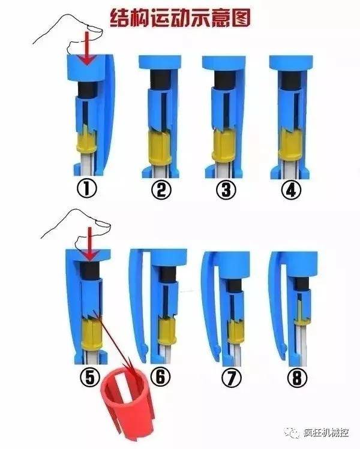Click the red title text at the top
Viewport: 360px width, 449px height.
[x=181, y=18]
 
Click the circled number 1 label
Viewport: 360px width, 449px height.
[x=86, y=189]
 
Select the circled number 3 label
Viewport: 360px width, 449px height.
[x=226, y=189]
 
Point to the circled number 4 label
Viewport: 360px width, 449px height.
[x=291, y=189]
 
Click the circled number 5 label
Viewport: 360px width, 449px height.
[x=89, y=378]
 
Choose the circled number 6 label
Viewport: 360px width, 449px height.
[x=161, y=376]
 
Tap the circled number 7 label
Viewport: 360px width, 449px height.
[x=232, y=378]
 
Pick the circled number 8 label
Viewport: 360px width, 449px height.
[x=297, y=378]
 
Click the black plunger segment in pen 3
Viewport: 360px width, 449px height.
[x=225, y=80]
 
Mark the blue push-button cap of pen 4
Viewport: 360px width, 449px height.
[x=291, y=62]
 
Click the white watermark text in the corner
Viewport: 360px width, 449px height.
[x=326, y=432]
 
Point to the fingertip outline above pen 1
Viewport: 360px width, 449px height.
[x=95, y=29]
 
